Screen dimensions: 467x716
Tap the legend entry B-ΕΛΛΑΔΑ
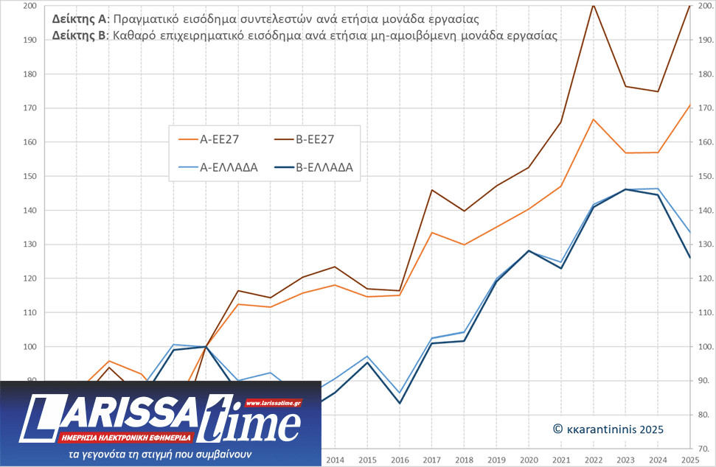coord(324,167)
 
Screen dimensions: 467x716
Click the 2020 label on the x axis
coord(529,460)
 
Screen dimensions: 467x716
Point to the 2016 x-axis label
coord(399,460)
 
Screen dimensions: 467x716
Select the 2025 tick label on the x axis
coord(690,460)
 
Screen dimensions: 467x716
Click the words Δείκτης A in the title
coord(79,18)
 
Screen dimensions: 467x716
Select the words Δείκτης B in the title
coord(79,35)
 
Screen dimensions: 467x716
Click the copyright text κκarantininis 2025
coord(608,429)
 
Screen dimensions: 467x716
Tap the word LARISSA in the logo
coord(118,413)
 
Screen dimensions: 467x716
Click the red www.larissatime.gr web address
coord(273,403)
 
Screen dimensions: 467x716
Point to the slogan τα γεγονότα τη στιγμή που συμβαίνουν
coord(159,454)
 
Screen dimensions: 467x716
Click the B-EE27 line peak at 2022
coord(593,4)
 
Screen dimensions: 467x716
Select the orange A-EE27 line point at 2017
coord(431,233)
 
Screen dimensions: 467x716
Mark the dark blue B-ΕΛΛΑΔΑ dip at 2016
coord(399,403)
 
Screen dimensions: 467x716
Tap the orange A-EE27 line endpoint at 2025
coord(690,105)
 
